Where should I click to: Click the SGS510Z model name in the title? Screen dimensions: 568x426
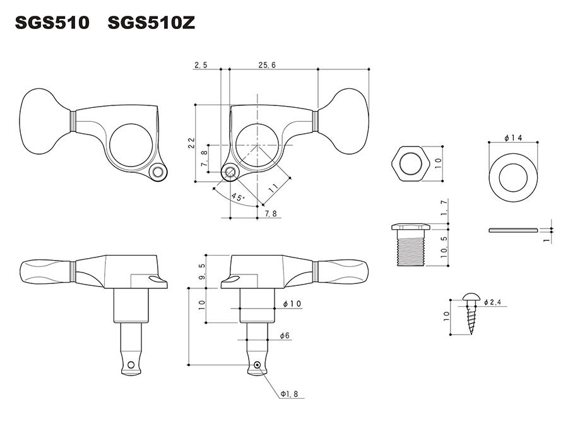tap(151, 23)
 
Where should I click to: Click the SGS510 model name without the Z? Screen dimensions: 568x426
tap(52, 23)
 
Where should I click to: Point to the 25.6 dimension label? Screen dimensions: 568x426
tap(267, 65)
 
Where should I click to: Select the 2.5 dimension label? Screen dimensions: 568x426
tap(201, 65)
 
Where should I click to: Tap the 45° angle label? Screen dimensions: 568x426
tap(238, 197)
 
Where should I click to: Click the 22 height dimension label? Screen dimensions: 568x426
tap(191, 143)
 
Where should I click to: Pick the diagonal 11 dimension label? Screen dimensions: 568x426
tap(273, 187)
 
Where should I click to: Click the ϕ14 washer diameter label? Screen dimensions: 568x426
tap(513, 138)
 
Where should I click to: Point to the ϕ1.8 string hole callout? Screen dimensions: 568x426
tap(289, 394)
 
